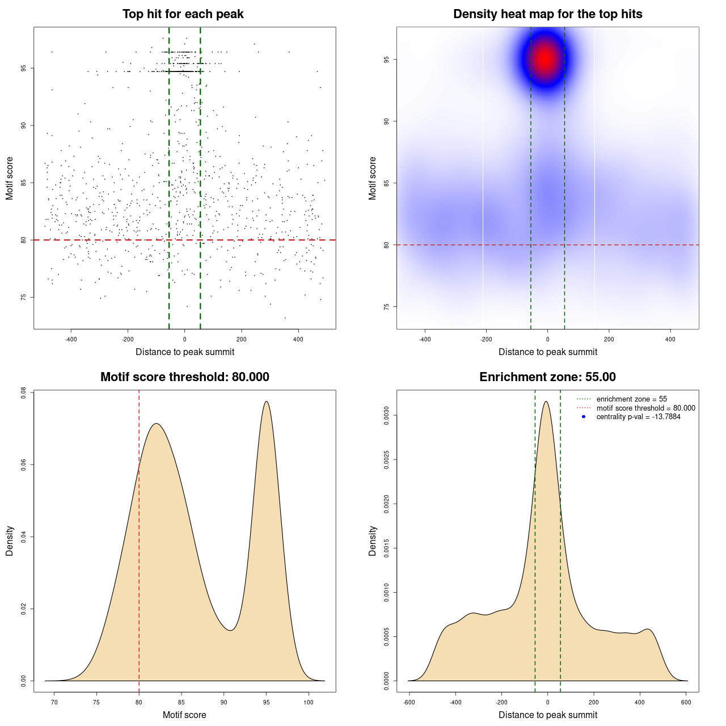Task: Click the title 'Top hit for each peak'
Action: pyautogui.click(x=183, y=14)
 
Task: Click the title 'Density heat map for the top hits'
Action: pyautogui.click(x=547, y=14)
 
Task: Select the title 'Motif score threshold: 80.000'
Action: pyautogui.click(x=184, y=377)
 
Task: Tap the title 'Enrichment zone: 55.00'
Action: pyautogui.click(x=547, y=377)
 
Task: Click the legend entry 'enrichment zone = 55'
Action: pyautogui.click(x=631, y=399)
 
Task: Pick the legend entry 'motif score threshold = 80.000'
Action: pyautogui.click(x=645, y=408)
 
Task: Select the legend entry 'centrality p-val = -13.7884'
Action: pyautogui.click(x=638, y=417)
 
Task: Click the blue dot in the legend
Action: pyautogui.click(x=584, y=417)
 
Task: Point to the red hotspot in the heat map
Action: pyautogui.click(x=546, y=58)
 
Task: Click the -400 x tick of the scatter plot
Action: pyautogui.click(x=71, y=340)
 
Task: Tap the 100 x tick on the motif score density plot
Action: pyautogui.click(x=309, y=703)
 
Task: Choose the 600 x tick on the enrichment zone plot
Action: pyautogui.click(x=686, y=703)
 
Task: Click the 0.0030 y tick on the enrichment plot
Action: pyautogui.click(x=387, y=416)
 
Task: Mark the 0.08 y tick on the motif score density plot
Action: pyautogui.click(x=24, y=393)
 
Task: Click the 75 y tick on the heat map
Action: pyautogui.click(x=387, y=307)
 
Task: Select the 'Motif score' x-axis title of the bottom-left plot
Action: pyautogui.click(x=184, y=715)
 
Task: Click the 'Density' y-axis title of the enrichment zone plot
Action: pyautogui.click(x=373, y=541)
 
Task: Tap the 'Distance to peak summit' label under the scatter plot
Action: pyautogui.click(x=185, y=352)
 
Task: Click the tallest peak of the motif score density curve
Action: pyautogui.click(x=267, y=402)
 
